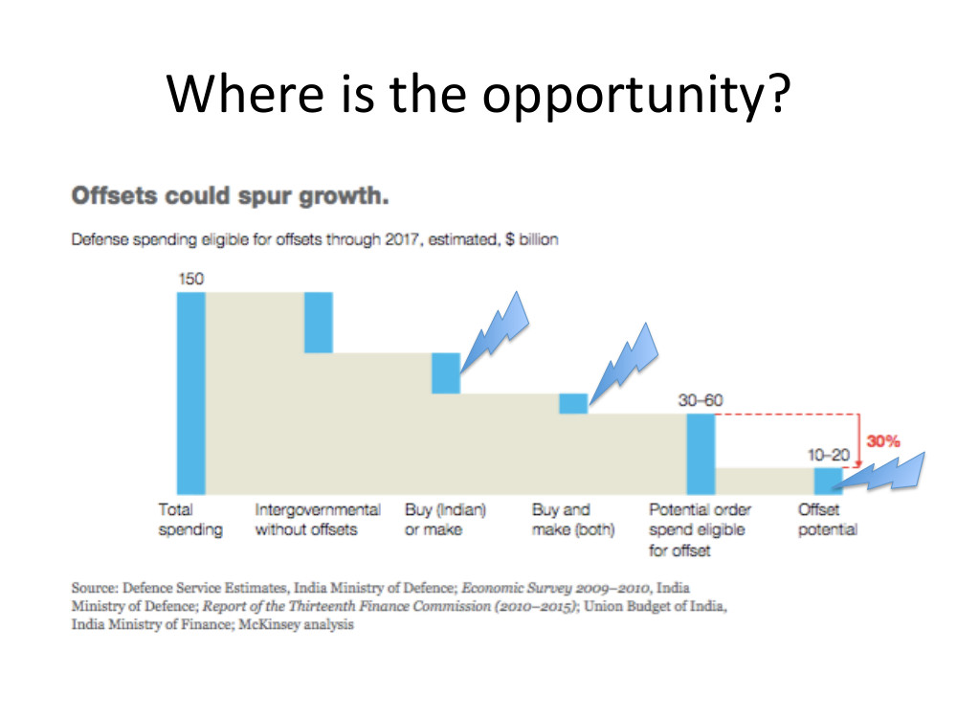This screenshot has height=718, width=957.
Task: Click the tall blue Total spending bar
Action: point(191,393)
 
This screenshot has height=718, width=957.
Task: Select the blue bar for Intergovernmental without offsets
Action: point(319,323)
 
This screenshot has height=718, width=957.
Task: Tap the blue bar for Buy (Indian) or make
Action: point(446,373)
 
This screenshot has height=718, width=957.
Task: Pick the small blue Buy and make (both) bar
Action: point(573,404)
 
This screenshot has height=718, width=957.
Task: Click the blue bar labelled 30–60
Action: point(701,454)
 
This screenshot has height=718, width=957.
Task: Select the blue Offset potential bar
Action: point(828,482)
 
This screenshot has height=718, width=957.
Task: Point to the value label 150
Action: point(191,279)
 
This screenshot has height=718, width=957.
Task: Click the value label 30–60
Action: point(701,400)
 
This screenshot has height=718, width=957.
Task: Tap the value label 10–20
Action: point(828,455)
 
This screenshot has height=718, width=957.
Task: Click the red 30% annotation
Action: point(883,440)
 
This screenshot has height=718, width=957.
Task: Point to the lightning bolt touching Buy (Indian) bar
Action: point(495,333)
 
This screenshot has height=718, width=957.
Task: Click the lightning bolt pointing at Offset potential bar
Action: point(879,473)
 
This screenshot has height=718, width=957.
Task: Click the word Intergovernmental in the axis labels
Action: point(318,510)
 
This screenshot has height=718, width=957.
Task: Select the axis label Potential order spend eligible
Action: point(700,520)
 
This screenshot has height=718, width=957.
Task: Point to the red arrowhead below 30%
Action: point(858,463)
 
